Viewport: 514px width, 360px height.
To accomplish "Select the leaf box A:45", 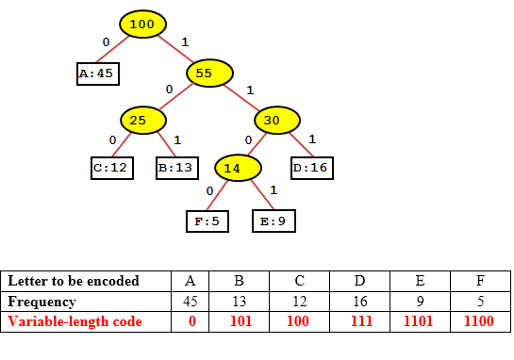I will point(98,73).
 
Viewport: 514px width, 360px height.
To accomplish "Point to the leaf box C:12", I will point(109,169).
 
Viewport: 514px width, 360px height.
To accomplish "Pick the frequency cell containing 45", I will point(190,302).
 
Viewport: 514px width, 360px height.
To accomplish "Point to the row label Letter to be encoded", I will point(74,281).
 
